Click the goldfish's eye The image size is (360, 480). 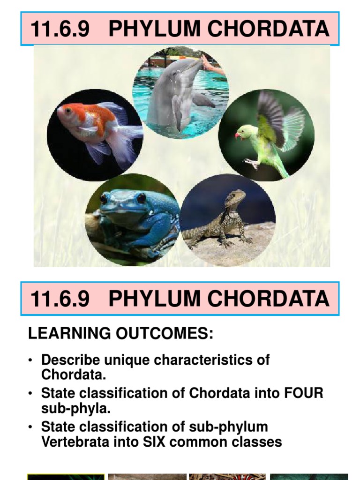coord(68,111)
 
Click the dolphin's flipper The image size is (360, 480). coord(203,100)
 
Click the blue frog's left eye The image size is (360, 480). coord(104,199)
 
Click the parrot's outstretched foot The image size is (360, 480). coord(252,163)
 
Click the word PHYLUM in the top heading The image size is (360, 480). coord(154,29)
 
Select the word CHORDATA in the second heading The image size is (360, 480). coord(268,299)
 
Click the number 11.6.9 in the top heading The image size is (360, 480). coord(60,29)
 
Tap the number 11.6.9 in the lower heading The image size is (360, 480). coord(60,299)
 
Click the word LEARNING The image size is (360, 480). coord(69,333)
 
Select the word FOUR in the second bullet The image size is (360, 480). coord(303,393)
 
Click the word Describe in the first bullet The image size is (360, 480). coord(70,360)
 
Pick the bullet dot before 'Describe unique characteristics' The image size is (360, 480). coord(30,360)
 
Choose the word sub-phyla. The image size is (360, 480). coord(75,409)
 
